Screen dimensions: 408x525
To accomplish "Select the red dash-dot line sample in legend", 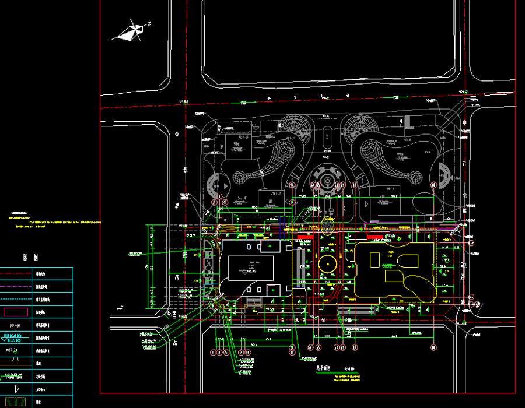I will point(16,274).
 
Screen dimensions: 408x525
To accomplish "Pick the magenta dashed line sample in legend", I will point(16,287).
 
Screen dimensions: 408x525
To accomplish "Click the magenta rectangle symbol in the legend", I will point(16,312).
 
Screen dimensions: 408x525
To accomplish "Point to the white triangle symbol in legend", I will point(16,389).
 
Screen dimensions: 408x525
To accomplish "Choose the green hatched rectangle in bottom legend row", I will point(16,402).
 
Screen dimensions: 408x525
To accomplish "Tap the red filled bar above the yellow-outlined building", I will point(379,237).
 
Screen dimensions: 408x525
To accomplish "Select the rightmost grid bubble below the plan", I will point(433,348).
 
